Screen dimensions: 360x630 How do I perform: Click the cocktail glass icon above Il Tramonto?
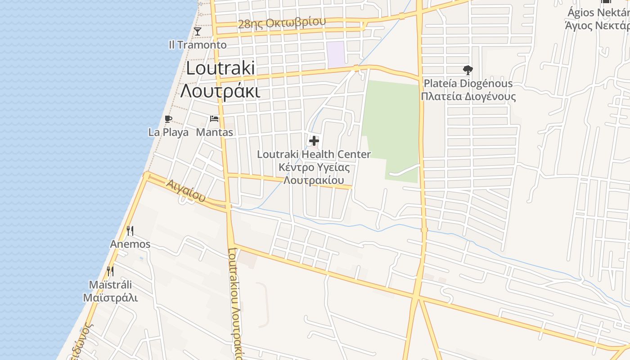197,31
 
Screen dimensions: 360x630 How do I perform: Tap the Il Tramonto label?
198,45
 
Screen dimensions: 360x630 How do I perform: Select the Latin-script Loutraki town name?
220,68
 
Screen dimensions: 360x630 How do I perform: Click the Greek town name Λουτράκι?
220,90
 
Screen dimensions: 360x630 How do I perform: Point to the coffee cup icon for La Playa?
168,119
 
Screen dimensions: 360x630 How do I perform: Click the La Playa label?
168,132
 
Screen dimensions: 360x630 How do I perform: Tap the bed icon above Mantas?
214,119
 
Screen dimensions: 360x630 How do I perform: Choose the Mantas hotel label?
215,132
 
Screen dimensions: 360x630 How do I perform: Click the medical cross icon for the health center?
314,141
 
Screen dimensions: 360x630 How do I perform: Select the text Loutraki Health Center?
314,154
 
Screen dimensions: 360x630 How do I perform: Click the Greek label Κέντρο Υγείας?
314,167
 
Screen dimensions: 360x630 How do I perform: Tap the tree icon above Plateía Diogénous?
468,70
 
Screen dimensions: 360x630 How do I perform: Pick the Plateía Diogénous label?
468,83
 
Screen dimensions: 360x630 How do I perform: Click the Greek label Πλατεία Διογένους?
468,97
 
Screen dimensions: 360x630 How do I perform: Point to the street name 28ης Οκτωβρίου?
281,23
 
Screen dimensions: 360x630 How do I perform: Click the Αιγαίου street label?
185,190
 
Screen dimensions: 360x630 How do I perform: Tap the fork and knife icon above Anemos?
130,231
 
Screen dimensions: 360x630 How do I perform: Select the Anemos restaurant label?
130,244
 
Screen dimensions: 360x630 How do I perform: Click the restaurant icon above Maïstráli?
110,271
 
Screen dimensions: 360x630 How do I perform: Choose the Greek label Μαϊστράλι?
110,298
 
